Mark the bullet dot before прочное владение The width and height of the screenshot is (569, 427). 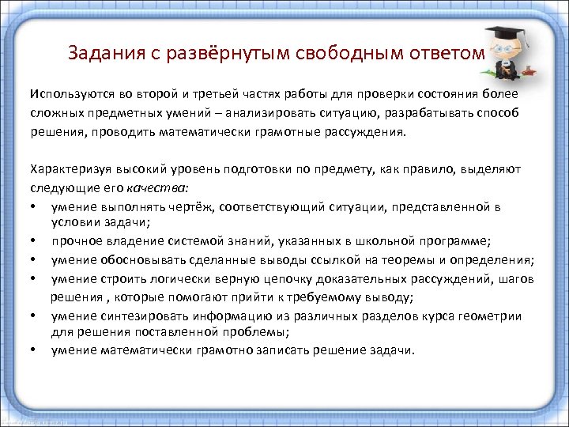pos(35,241)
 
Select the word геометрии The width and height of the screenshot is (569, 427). pos(495,316)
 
